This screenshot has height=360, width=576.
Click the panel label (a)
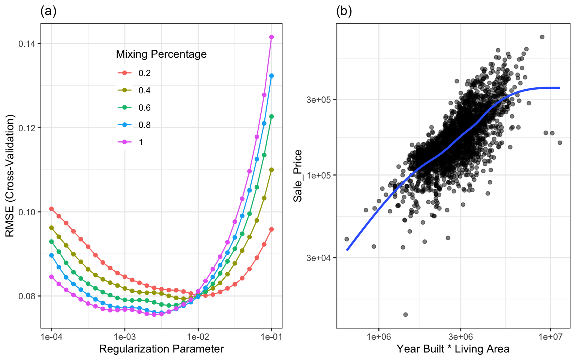click(48, 12)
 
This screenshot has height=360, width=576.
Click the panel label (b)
click(344, 12)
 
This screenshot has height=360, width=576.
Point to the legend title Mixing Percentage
click(161, 54)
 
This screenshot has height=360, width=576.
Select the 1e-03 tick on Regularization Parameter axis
click(125, 337)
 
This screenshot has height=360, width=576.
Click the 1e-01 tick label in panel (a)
click(271, 337)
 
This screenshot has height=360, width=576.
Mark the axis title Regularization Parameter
click(161, 349)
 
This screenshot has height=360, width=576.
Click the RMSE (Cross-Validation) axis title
click(10, 176)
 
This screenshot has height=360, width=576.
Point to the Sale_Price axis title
click(298, 176)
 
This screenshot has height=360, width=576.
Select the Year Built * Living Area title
click(453, 349)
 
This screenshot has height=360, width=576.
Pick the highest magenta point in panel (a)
click(271, 37)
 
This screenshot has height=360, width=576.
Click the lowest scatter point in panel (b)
click(405, 315)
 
